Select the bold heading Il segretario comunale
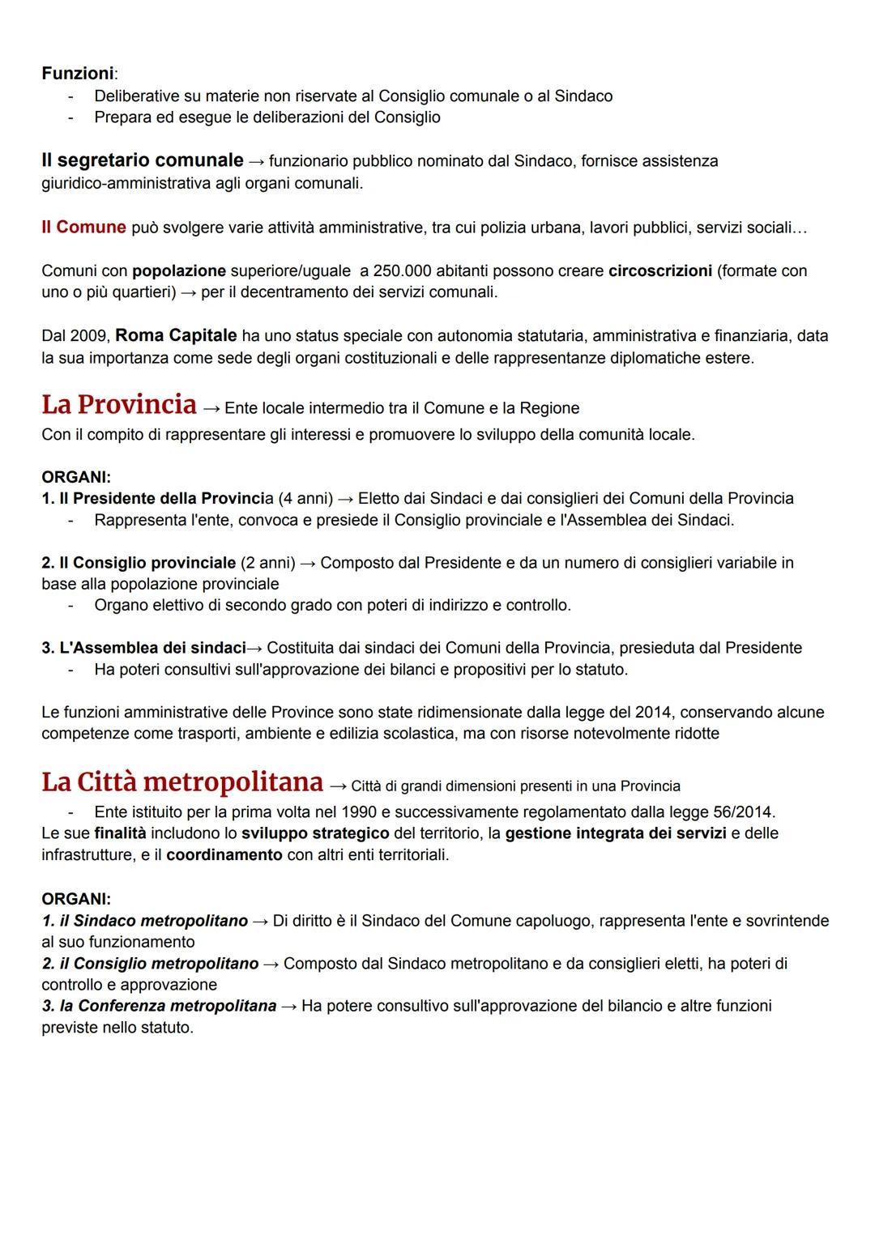tap(142, 160)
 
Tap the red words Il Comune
tap(83, 228)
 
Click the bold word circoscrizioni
tap(660, 270)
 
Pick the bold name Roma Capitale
tap(176, 336)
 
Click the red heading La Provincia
tap(119, 404)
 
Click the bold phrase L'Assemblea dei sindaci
tap(152, 648)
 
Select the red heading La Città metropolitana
tap(182, 782)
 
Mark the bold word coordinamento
tap(224, 855)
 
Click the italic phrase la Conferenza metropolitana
tap(168, 1006)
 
